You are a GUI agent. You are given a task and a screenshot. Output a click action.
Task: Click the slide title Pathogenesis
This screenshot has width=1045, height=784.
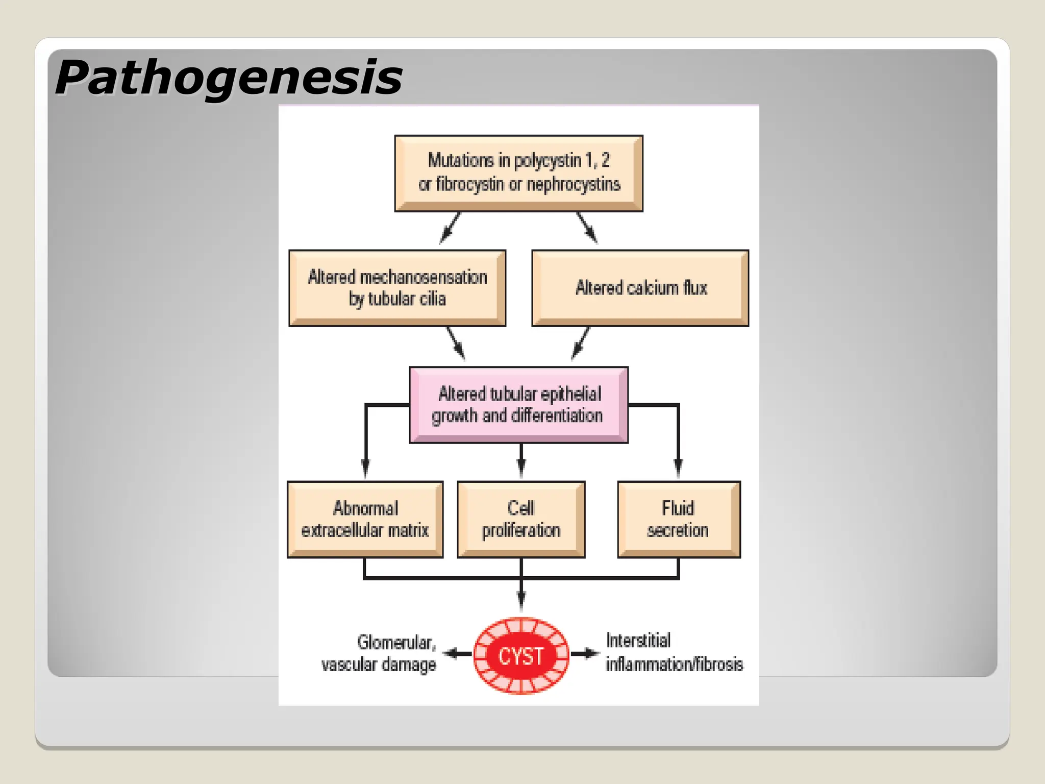coord(229,78)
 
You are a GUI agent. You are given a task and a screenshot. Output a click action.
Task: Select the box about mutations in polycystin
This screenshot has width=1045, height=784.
coord(518,173)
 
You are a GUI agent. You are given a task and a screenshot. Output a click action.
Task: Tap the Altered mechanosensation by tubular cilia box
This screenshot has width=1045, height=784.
coord(397,288)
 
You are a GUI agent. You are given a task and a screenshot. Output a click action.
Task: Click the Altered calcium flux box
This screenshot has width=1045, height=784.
coord(640,288)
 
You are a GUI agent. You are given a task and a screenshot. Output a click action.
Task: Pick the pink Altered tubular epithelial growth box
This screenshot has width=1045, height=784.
coord(518,405)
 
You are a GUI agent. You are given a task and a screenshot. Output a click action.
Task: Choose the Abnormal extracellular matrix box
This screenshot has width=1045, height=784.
coord(365,519)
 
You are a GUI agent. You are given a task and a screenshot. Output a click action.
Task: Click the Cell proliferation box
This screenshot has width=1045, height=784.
coord(521,519)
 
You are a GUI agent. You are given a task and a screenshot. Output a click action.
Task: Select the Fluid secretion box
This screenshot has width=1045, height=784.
coord(679,519)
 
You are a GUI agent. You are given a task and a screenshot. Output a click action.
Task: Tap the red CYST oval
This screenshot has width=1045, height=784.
coord(521,656)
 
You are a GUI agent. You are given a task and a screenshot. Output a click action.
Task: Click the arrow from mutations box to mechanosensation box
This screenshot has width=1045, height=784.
coord(450,228)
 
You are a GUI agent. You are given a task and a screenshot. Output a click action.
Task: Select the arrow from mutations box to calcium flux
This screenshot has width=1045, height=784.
coord(587,228)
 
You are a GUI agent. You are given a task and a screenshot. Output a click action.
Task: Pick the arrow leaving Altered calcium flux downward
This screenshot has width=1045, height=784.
coord(580,344)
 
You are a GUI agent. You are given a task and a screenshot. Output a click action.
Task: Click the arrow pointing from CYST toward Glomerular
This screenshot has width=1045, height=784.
coord(457,653)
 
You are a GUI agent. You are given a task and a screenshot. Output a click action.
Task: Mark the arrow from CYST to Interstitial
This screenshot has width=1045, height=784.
coord(585,653)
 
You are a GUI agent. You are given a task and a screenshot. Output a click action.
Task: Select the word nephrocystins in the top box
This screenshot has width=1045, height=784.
coord(573,184)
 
